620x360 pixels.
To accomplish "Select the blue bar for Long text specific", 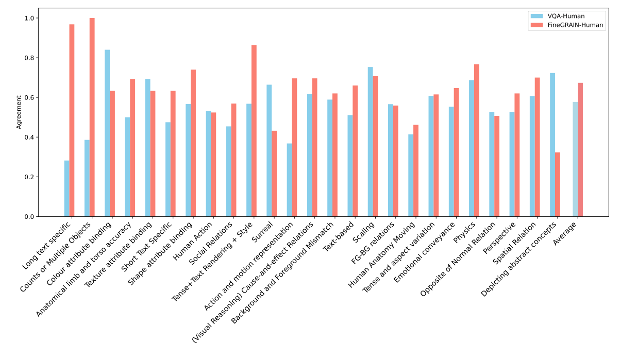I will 66,188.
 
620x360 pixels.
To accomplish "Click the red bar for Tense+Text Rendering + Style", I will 254,131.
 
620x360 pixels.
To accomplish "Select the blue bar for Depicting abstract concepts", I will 552,145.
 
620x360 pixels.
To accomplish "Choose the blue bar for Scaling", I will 370,142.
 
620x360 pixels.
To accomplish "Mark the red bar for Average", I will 580,149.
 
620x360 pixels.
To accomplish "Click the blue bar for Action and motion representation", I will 289,180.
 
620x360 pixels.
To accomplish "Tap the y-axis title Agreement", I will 19,112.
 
